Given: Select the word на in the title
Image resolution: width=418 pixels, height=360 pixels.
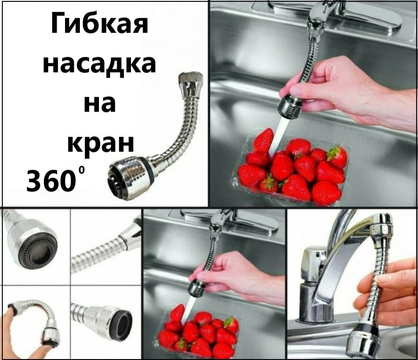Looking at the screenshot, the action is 99,104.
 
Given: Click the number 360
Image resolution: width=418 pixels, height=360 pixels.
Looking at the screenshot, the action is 51,181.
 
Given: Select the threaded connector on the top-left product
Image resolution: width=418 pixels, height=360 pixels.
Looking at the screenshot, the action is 190,84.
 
